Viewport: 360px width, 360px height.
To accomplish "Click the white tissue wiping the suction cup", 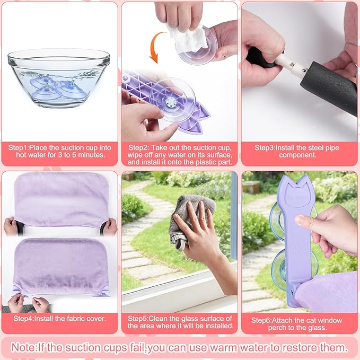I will [x=187, y=34].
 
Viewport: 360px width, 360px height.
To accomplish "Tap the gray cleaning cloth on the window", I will [x=186, y=217].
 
